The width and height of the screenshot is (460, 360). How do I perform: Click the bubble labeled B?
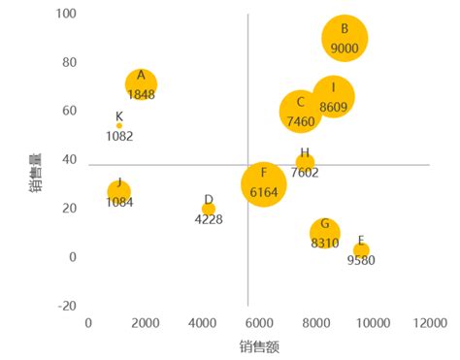(x=345, y=38)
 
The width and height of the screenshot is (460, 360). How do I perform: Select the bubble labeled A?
(x=141, y=84)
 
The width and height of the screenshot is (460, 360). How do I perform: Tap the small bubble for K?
(x=119, y=125)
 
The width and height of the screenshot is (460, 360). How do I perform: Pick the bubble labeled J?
(x=118, y=191)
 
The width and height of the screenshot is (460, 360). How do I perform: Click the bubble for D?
(x=209, y=209)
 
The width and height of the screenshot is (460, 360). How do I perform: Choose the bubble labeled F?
(x=264, y=183)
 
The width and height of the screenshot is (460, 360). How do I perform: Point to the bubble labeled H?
(x=305, y=162)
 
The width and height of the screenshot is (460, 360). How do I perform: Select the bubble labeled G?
(x=325, y=232)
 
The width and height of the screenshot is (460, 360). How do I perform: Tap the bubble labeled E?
(x=361, y=249)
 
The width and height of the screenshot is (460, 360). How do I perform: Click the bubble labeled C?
(x=301, y=112)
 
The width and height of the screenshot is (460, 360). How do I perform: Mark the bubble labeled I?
(x=333, y=97)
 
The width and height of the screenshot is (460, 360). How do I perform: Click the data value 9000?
(x=345, y=48)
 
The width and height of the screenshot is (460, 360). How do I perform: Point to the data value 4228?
(x=209, y=219)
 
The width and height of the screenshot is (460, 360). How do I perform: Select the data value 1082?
(x=119, y=137)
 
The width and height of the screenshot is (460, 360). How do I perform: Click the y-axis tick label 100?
(x=67, y=15)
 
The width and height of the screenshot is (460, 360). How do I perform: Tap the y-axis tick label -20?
(x=67, y=306)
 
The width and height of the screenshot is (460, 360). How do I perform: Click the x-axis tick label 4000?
(x=202, y=323)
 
